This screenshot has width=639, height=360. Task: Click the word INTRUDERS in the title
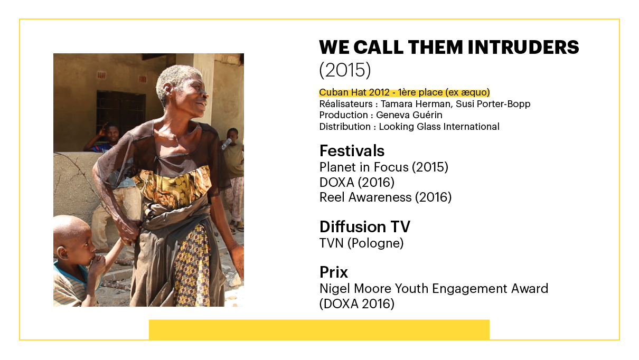(x=523, y=47)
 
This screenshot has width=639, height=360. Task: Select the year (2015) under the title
(x=345, y=70)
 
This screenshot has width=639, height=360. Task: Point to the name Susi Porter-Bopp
(x=493, y=104)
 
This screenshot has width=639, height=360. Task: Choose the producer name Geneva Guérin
(x=409, y=115)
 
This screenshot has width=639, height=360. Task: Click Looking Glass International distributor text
(x=439, y=127)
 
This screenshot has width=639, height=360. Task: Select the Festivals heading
(x=352, y=151)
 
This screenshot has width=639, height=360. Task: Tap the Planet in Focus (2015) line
(x=384, y=167)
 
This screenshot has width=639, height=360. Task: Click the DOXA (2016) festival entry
(x=357, y=183)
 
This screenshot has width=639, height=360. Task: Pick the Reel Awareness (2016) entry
(x=386, y=197)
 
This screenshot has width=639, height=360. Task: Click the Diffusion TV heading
(x=364, y=227)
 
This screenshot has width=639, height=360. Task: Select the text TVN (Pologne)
(x=361, y=243)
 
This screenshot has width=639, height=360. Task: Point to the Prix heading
(x=333, y=272)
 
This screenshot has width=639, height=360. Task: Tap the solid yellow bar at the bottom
(x=319, y=329)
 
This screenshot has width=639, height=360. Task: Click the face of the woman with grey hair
(x=193, y=96)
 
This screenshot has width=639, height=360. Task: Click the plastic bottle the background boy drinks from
(x=226, y=144)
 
